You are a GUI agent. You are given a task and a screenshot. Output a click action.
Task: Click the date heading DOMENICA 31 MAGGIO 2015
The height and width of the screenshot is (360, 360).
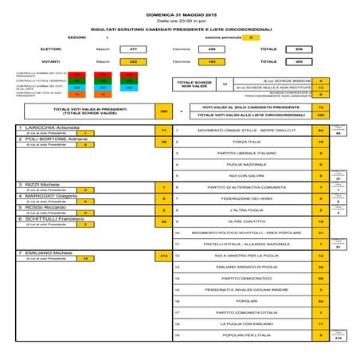pyautogui.click(x=181, y=15)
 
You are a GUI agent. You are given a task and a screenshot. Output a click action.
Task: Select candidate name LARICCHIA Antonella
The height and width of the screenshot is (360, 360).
pyautogui.click(x=49, y=127)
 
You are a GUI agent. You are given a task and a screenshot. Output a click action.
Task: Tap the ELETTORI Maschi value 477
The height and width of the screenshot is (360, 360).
pyautogui.click(x=133, y=49)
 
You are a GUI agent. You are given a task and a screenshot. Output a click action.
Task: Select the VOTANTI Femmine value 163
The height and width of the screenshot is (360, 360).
pyautogui.click(x=212, y=61)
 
